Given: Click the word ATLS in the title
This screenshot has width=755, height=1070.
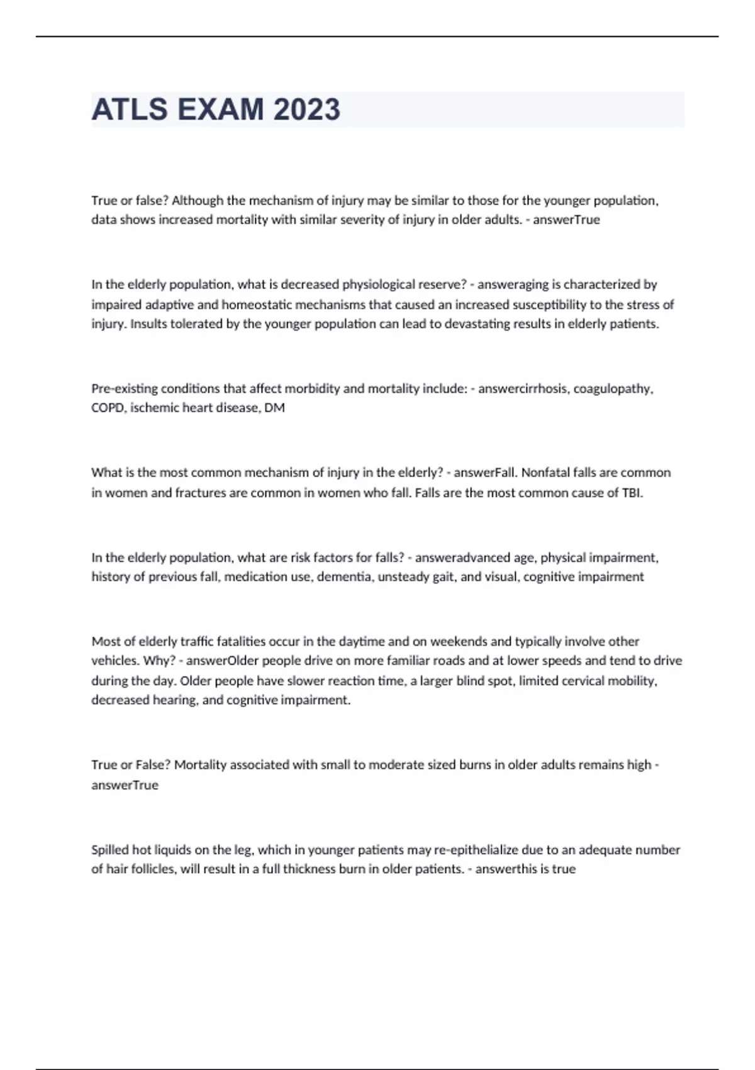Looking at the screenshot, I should [129, 110].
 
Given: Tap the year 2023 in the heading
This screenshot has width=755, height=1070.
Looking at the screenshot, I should [306, 110].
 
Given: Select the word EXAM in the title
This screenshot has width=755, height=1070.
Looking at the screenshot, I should [220, 110].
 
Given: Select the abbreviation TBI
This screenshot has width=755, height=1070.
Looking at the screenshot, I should [632, 493].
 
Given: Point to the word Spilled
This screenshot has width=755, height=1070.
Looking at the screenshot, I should [109, 850].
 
